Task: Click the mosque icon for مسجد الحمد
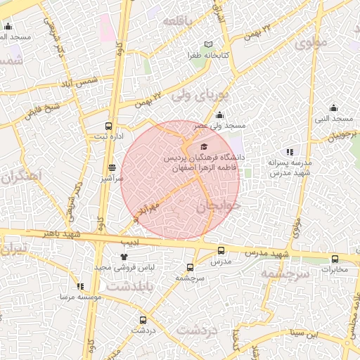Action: (x=8, y=27)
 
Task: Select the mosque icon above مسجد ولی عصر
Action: (x=219, y=115)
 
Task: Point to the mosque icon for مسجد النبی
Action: (x=333, y=108)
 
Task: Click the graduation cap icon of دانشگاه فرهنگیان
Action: (x=204, y=147)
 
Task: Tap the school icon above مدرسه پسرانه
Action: (x=289, y=152)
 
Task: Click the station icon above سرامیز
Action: (x=112, y=168)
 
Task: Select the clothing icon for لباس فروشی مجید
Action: (x=124, y=257)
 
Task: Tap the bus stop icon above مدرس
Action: (x=221, y=250)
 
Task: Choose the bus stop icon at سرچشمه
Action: (x=190, y=267)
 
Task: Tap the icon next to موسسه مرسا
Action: (x=80, y=286)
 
